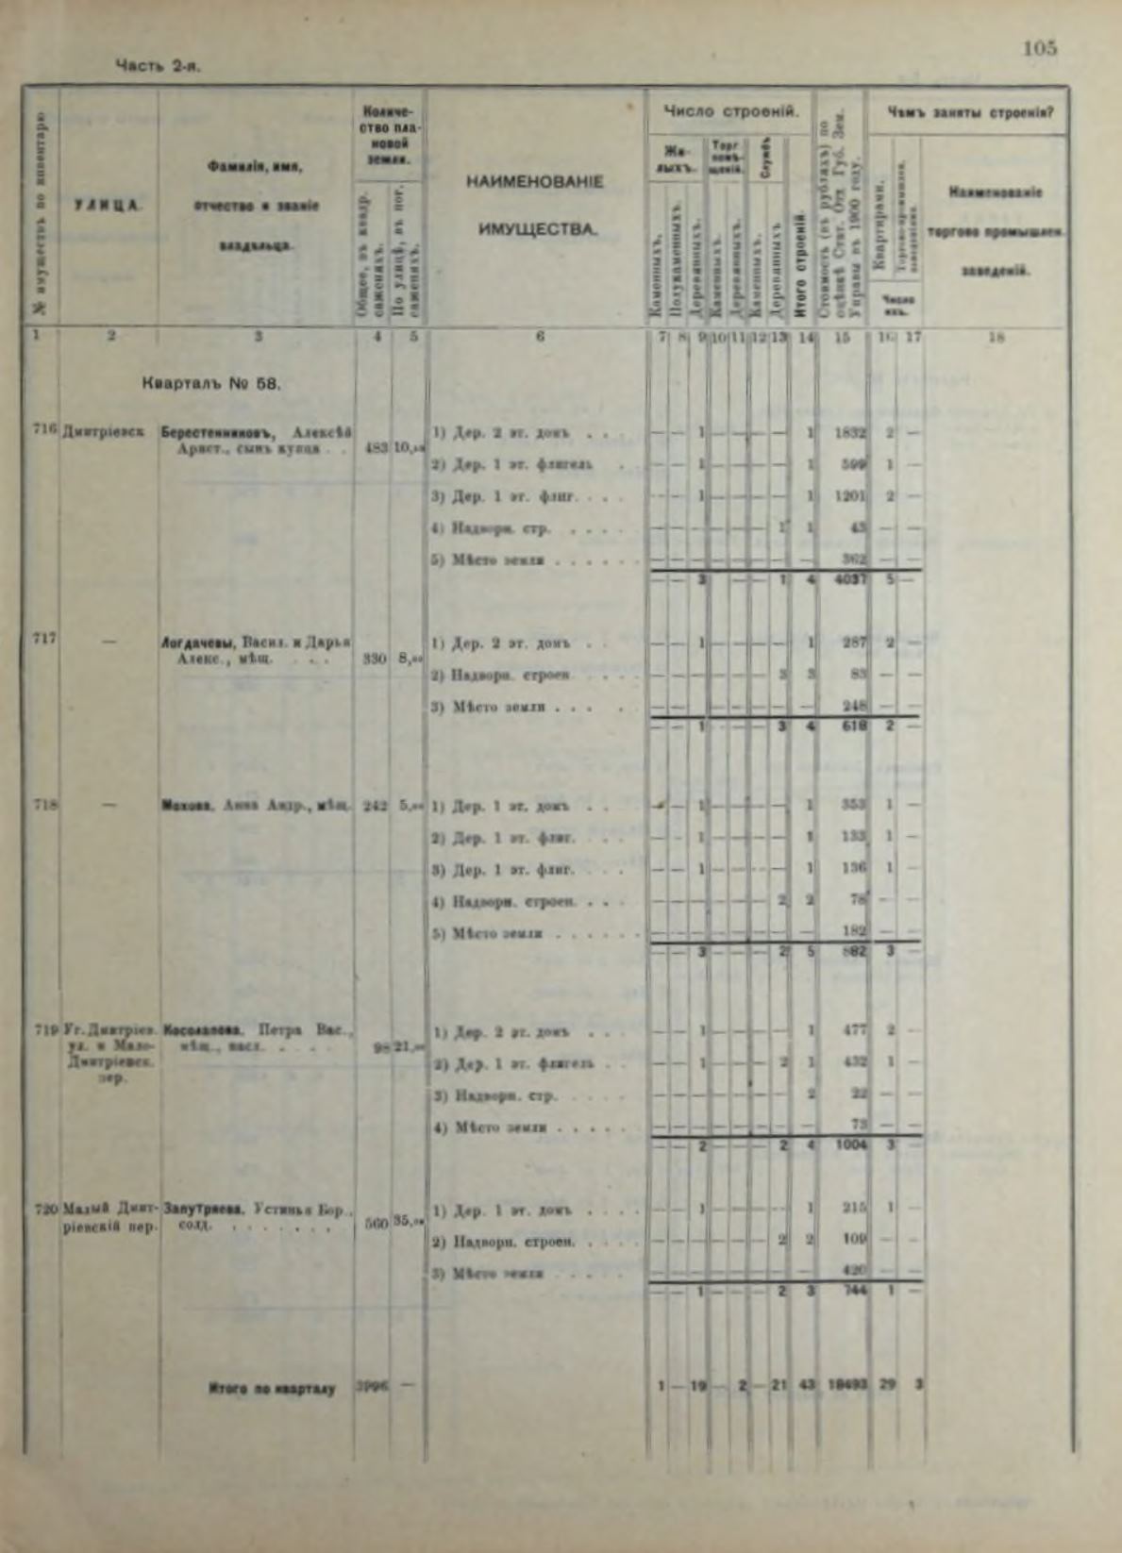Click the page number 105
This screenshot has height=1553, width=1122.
[x=1040, y=48]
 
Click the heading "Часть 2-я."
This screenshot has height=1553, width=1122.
[x=158, y=66]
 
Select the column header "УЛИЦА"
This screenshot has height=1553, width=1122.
[x=109, y=205]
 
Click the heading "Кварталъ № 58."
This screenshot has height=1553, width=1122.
[x=211, y=383]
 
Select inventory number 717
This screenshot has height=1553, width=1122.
[x=43, y=637]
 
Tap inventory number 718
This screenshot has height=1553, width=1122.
[x=43, y=805]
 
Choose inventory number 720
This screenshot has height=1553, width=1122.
[x=43, y=1208]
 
